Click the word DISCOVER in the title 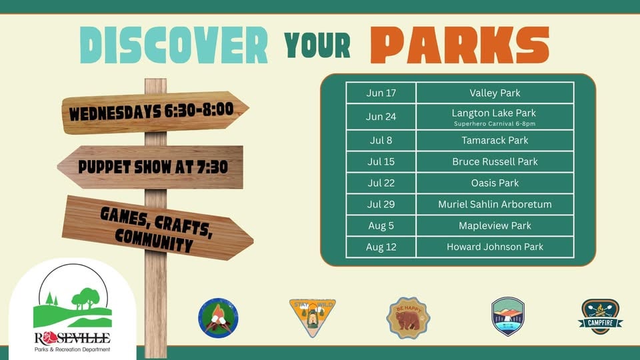174,45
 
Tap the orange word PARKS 460,45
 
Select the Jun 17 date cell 381,93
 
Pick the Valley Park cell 495,93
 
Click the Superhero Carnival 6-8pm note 495,124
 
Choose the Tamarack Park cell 495,141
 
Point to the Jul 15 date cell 381,161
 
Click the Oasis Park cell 495,183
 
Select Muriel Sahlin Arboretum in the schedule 495,204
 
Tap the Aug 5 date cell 381,225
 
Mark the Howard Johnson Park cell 495,247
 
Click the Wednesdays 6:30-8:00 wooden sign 155,112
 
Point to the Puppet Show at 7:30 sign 151,167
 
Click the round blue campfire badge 219,318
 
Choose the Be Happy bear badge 408,318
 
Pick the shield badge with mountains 508,316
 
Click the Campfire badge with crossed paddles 601,317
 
